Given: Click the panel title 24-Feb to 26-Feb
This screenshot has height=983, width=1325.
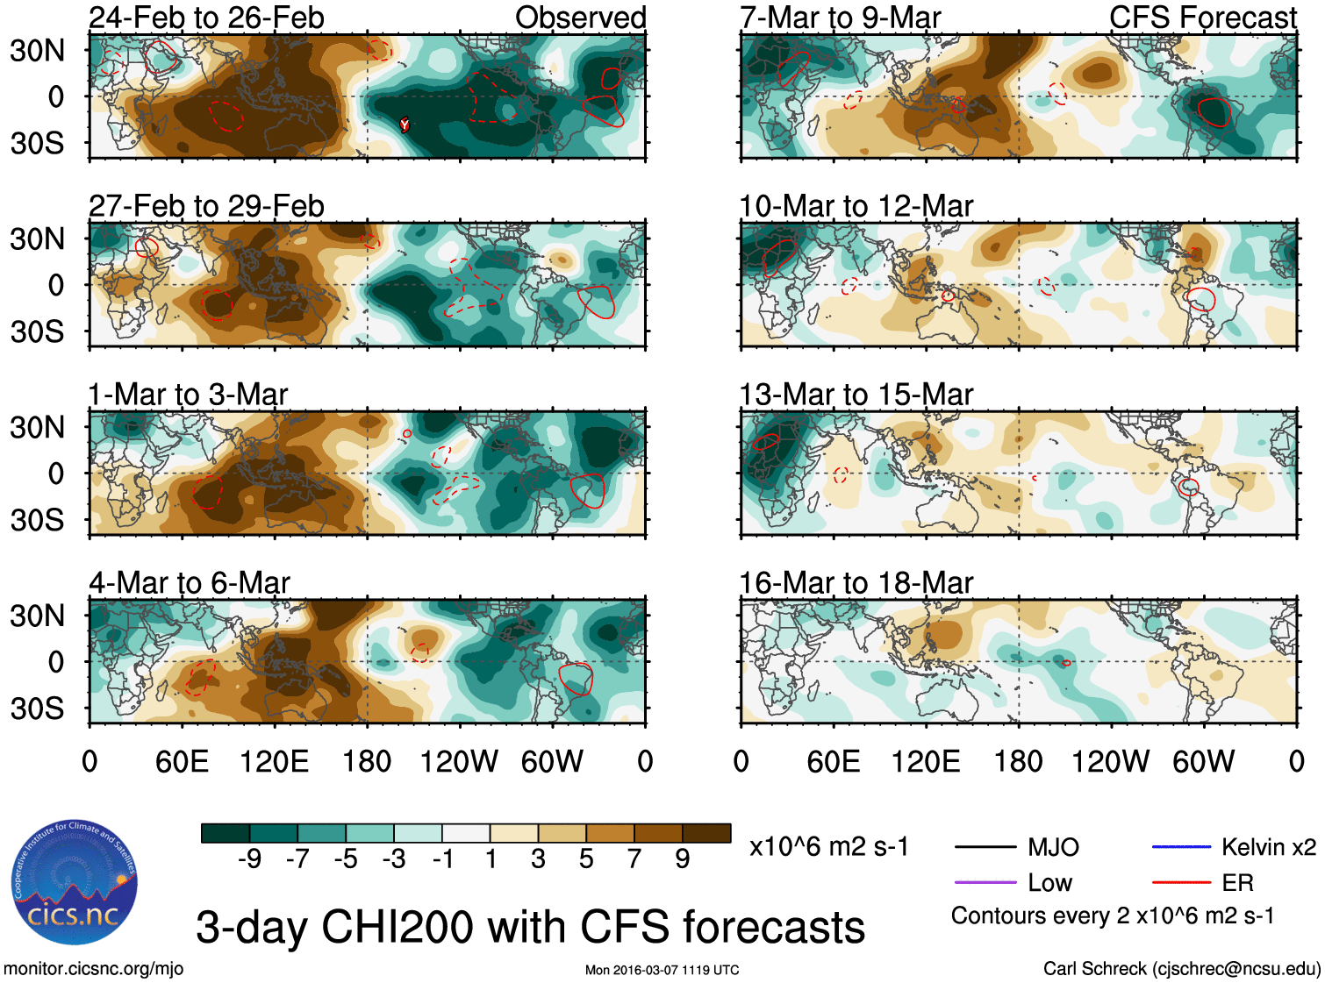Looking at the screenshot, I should coord(206,18).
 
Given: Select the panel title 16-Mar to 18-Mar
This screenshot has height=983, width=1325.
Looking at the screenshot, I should coord(856,582).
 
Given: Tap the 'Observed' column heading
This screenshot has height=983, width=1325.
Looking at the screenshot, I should coord(580,18).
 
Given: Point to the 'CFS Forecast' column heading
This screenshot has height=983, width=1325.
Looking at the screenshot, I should coord(1202,18).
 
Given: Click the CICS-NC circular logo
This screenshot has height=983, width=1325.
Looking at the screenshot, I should coord(75,883).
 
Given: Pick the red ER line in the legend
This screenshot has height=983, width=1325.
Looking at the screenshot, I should coord(1181,882).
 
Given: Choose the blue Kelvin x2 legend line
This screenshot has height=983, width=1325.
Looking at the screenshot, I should coord(1181,847).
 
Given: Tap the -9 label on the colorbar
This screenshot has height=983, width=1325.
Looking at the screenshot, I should coord(249,859).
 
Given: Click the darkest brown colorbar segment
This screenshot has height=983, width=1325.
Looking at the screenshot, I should coord(706,833).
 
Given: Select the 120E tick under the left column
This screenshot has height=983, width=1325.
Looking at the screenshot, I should coord(274,761).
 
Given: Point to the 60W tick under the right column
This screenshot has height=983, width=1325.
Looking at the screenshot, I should coord(1203,761).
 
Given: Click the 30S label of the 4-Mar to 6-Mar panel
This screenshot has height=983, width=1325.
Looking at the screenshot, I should coord(37,709).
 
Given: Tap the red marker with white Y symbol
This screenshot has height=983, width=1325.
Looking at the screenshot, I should coord(405,125).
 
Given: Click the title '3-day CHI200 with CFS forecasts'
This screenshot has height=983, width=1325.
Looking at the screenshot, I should coord(530,927).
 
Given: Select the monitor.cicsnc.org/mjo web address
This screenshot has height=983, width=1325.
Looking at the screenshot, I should coord(94,968).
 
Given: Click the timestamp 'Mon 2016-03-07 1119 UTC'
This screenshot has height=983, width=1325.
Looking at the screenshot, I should coord(662,970).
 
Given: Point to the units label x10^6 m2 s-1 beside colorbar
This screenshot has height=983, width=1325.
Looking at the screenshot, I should coord(828,847).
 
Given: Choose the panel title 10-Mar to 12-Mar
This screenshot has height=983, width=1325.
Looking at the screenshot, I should coord(856,206).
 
